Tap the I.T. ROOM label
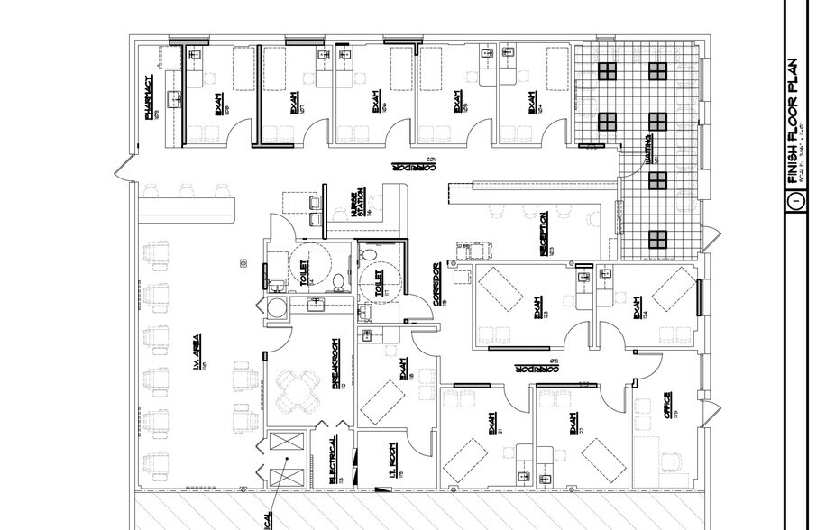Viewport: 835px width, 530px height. tap(393, 461)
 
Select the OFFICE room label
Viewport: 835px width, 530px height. tap(667, 403)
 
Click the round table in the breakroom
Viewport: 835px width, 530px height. tap(293, 391)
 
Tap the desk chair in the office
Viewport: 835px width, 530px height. tap(670, 461)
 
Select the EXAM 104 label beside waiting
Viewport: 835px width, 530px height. tap(534, 101)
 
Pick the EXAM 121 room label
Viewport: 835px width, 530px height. tap(494, 421)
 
